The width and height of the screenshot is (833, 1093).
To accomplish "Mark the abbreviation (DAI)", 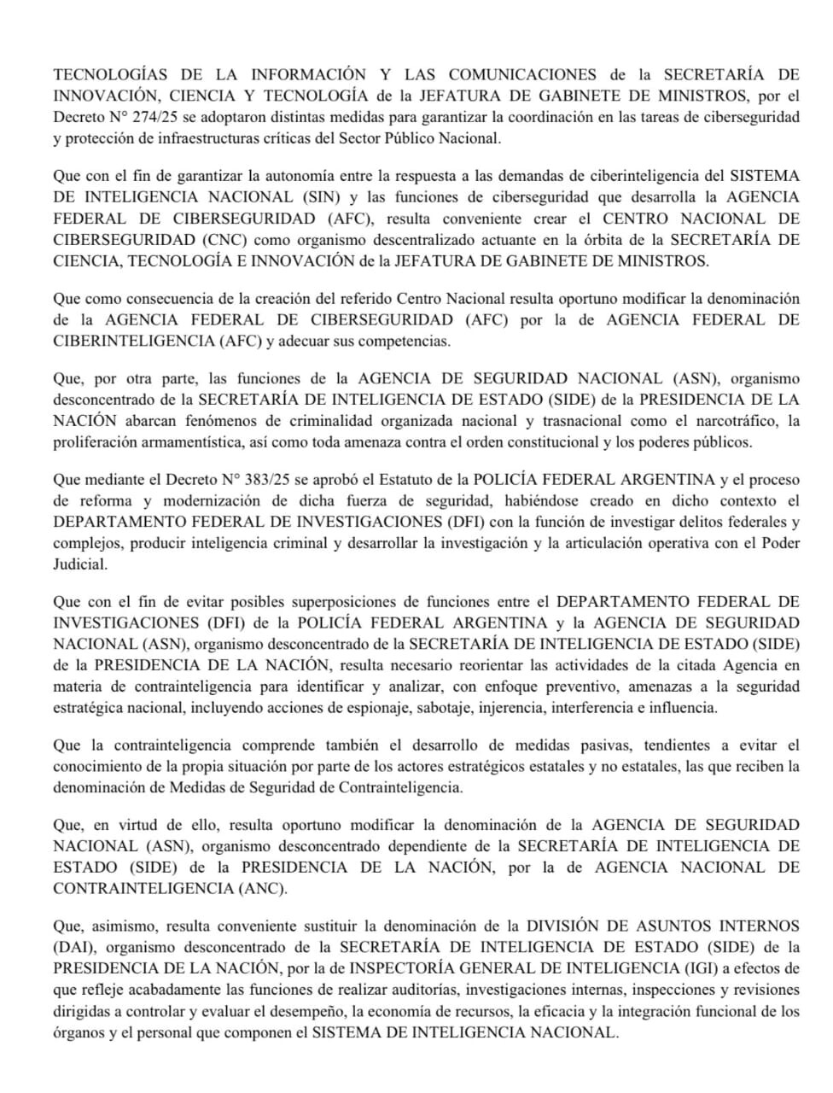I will click(75, 947).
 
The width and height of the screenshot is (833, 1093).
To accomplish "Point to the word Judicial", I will click(80, 564).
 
